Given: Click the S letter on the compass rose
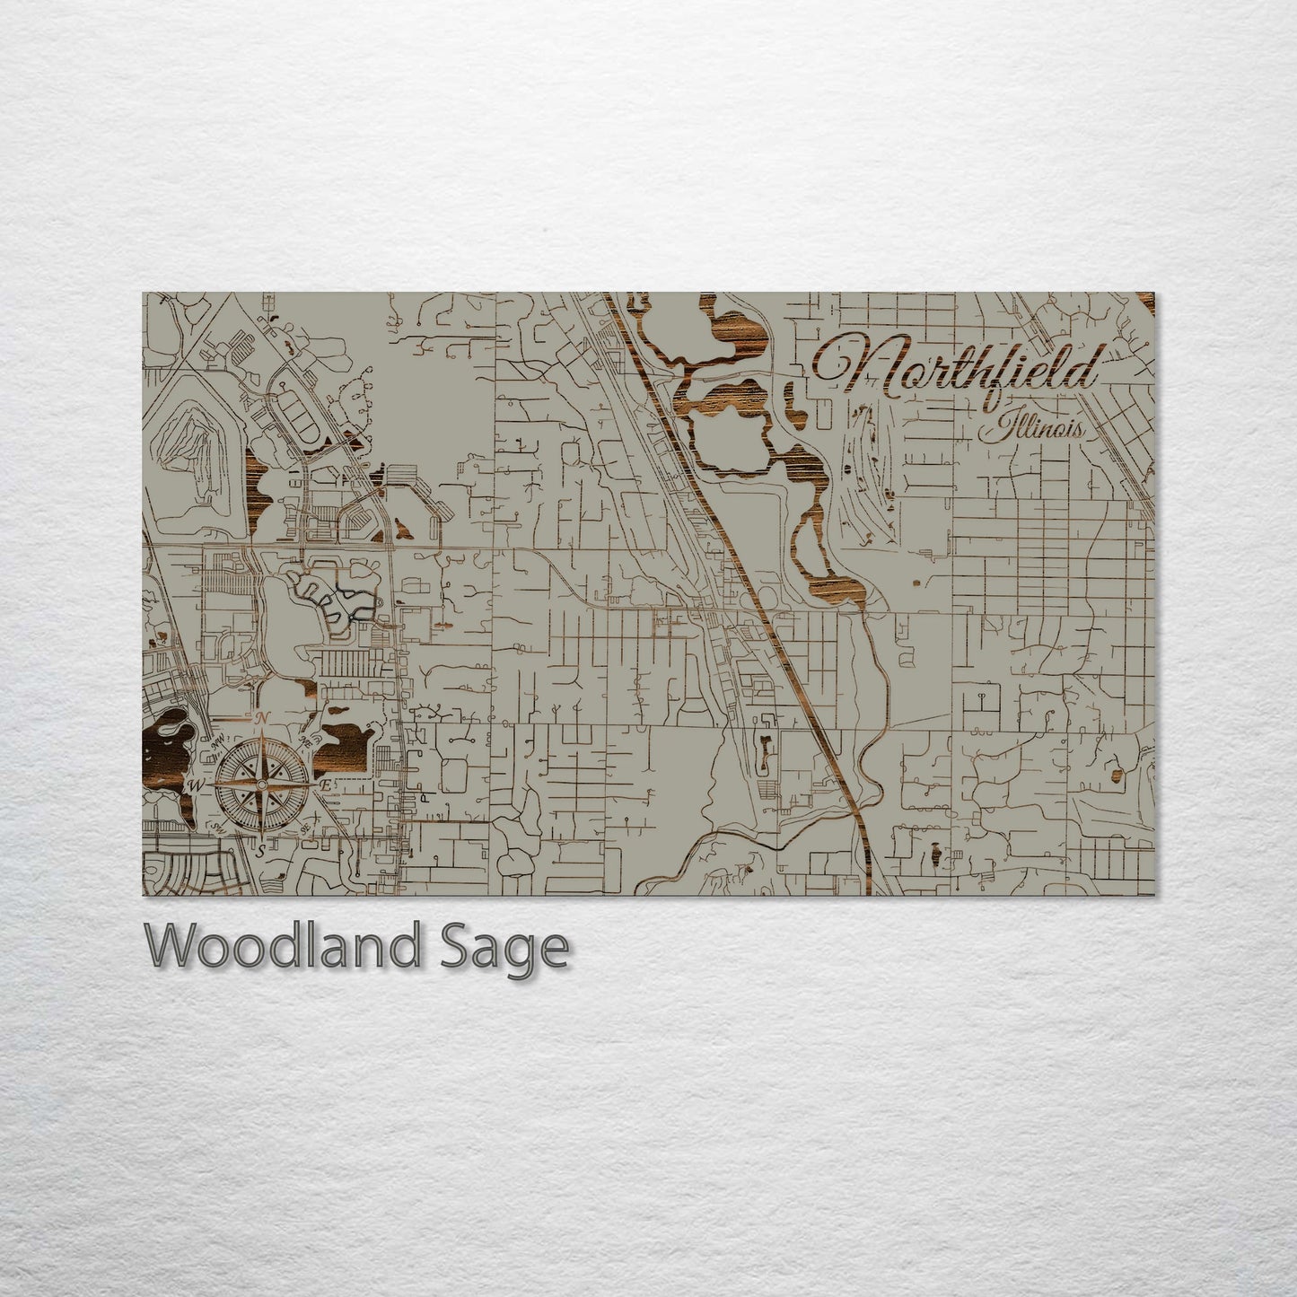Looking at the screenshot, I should [260, 851].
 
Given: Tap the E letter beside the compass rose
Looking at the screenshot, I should [327, 784].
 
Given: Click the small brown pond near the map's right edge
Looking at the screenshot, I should [1117, 775].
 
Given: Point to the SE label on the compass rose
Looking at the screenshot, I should [304, 827].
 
